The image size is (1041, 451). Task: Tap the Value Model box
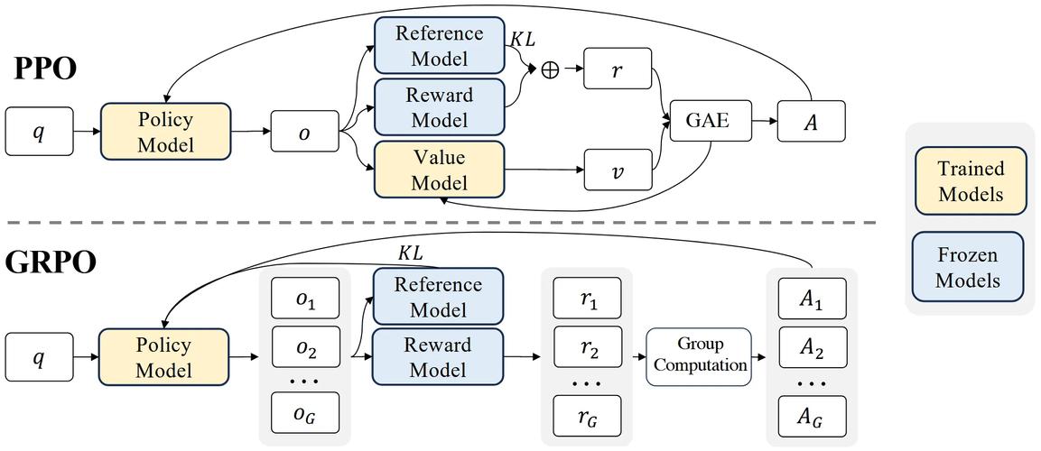point(440,170)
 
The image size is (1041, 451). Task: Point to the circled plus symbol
point(550,69)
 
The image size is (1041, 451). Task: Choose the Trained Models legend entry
point(971,180)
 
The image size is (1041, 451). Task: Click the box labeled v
point(618,170)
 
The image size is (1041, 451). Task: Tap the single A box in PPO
point(812,120)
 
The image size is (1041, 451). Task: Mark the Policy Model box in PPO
point(165,132)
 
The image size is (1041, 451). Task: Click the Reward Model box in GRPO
point(438,357)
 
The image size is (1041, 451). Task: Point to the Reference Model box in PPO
point(440,46)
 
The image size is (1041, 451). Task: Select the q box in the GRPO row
point(39,358)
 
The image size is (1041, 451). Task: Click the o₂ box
point(305,346)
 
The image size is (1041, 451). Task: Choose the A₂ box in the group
point(812,346)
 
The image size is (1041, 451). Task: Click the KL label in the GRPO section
point(411,253)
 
